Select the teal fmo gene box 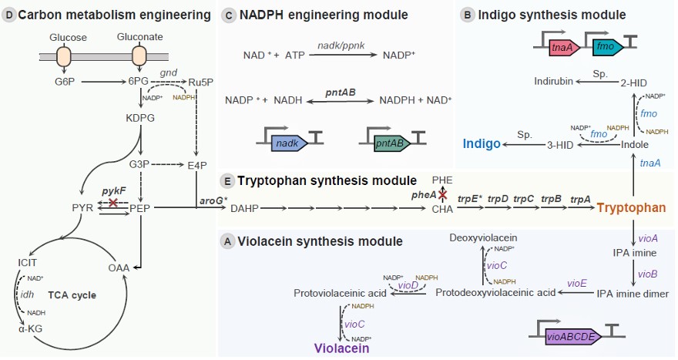click(604, 49)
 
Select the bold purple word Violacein click(342, 348)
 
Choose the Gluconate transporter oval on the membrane click(139, 56)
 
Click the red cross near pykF click(114, 202)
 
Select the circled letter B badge click(465, 14)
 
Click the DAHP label click(244, 208)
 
